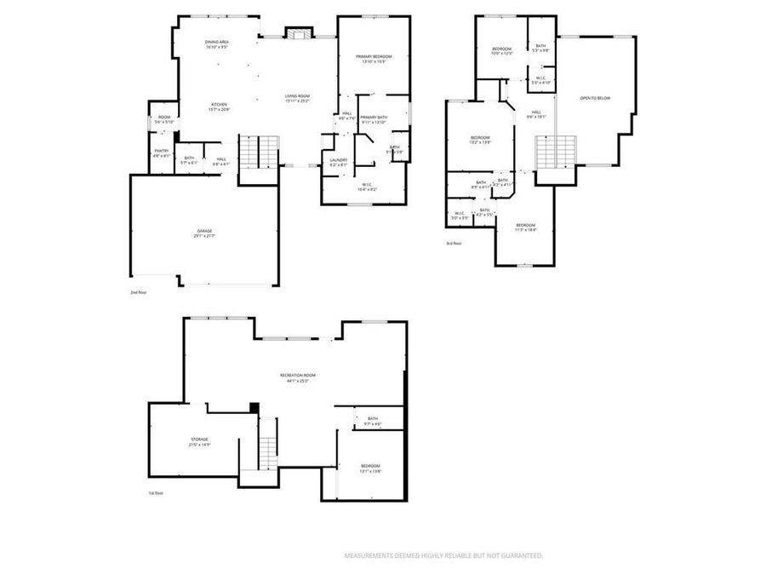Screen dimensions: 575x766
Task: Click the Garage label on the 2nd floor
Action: click(203, 233)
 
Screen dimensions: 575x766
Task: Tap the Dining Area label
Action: click(216, 44)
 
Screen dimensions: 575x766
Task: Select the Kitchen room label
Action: click(219, 106)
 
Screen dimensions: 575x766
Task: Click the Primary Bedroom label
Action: click(374, 58)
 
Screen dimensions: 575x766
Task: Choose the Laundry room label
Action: click(338, 162)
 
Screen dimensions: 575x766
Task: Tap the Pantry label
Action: click(161, 153)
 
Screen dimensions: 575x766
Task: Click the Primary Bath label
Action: click(374, 119)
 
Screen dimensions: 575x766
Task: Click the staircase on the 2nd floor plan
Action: click(258, 153)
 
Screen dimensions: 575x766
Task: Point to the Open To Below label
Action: click(595, 98)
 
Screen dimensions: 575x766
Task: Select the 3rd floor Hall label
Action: click(536, 113)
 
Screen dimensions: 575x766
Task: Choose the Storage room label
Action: click(199, 441)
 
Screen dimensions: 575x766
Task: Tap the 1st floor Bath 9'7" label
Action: click(373, 421)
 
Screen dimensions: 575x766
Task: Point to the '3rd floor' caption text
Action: click(455, 244)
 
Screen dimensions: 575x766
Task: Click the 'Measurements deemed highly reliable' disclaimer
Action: click(443, 555)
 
